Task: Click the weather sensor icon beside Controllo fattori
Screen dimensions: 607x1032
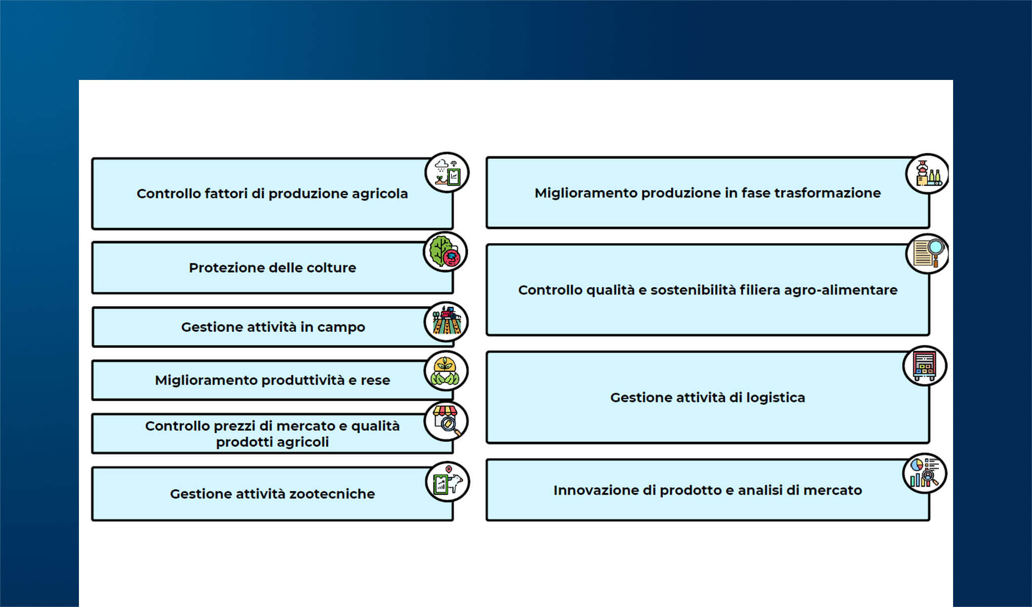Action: tap(447, 172)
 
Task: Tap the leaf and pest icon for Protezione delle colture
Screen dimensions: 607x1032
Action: tap(445, 252)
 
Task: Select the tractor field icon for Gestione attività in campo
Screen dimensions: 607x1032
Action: tap(446, 322)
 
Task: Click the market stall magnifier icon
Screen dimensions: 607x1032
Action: tap(446, 421)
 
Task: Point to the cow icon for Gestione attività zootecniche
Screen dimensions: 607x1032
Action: tap(448, 482)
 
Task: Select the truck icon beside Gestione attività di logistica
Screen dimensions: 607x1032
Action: tap(925, 366)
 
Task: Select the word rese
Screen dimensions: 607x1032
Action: tap(375, 380)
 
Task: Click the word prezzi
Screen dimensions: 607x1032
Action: tap(235, 426)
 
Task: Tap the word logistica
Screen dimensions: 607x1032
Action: tap(775, 398)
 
